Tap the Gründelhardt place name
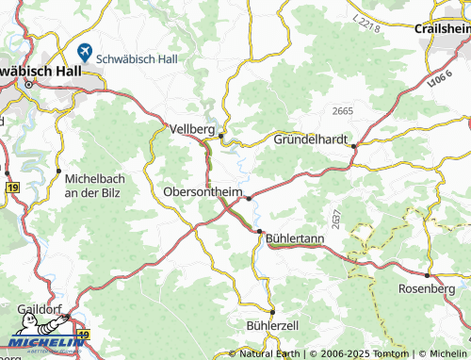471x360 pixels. [311, 139]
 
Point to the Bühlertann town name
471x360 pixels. [295, 238]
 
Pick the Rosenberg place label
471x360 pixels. [426, 287]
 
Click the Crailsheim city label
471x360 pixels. [442, 28]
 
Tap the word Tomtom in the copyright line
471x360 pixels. [383, 353]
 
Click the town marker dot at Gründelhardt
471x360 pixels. [356, 145]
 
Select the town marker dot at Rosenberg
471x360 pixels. [427, 275]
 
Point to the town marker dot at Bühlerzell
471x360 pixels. [272, 312]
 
